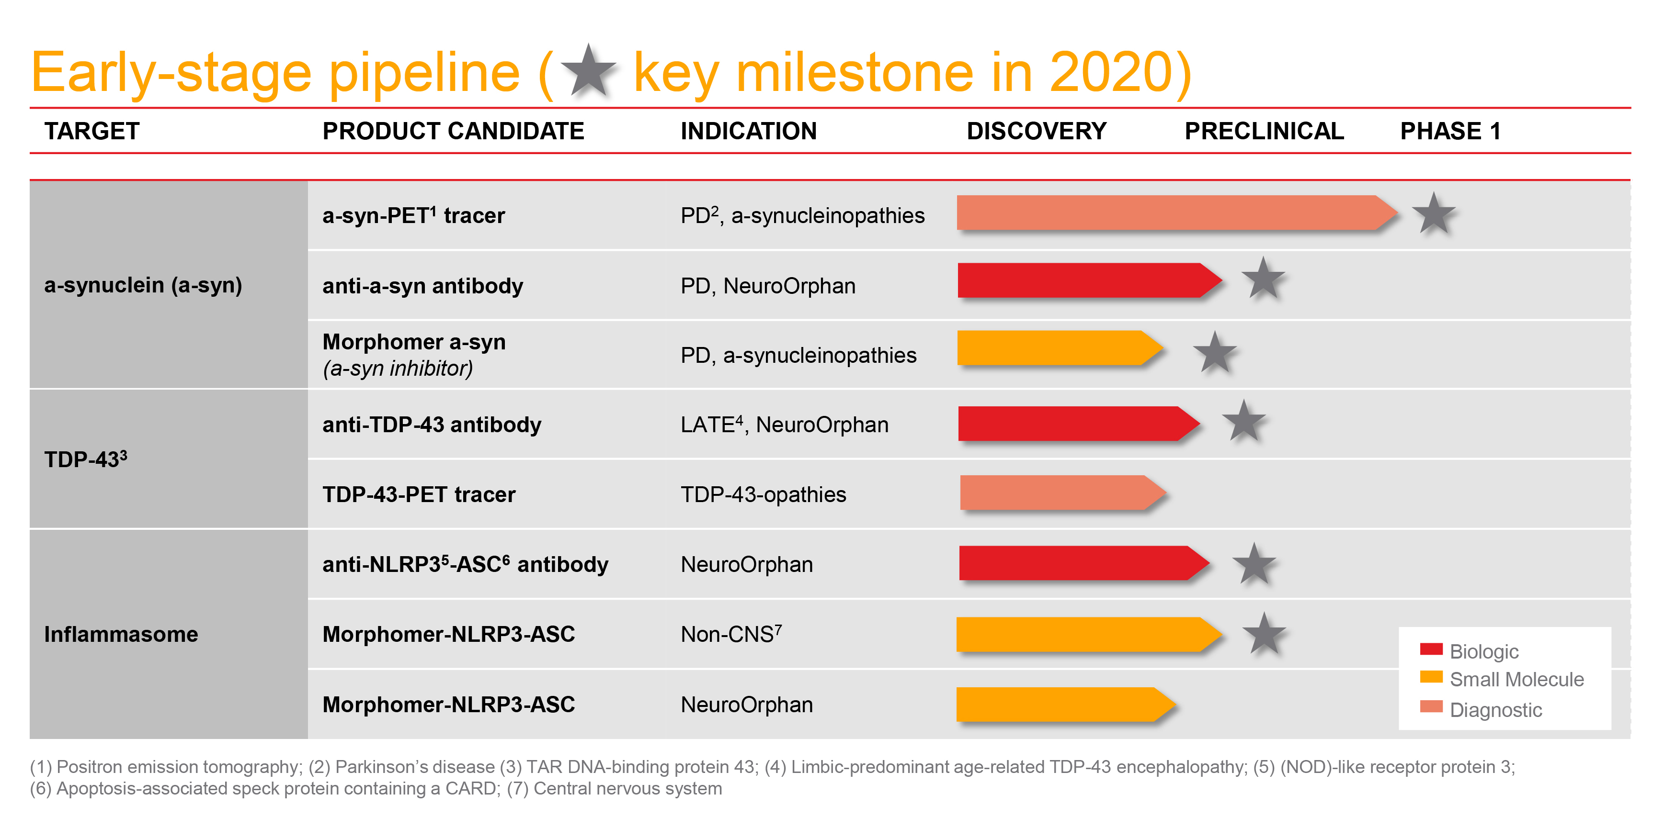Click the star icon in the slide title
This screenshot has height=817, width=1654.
(x=588, y=71)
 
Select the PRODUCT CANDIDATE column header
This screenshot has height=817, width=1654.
(x=453, y=131)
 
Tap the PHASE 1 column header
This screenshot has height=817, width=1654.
(x=1450, y=131)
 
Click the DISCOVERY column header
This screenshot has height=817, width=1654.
(x=1036, y=131)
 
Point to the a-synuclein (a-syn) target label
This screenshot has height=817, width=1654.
(x=143, y=284)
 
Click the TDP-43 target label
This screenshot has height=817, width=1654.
(x=85, y=459)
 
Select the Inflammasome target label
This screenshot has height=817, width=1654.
(x=121, y=634)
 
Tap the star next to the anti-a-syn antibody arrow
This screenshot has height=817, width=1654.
(x=1263, y=279)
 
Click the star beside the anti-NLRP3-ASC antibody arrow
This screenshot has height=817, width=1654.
(x=1254, y=564)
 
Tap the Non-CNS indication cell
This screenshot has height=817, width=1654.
(x=730, y=634)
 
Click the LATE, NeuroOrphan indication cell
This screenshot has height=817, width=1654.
(x=784, y=425)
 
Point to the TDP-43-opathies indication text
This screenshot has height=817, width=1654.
(x=763, y=495)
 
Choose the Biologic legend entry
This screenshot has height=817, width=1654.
(x=1483, y=651)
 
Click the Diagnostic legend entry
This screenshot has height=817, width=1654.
(x=1495, y=710)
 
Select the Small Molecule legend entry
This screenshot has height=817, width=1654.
(x=1515, y=680)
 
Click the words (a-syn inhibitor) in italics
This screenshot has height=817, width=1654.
(x=398, y=369)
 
